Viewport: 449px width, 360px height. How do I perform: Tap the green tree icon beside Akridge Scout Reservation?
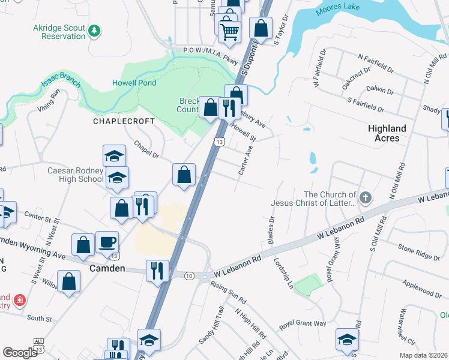[x=94, y=31]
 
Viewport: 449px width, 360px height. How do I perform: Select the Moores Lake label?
[x=339, y=7]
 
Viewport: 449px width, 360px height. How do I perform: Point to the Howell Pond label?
[x=134, y=83]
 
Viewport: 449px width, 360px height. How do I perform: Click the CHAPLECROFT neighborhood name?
[x=124, y=121]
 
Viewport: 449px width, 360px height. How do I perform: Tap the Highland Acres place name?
[x=387, y=133]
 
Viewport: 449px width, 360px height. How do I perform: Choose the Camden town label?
[x=107, y=268]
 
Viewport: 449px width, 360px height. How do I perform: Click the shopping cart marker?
[x=229, y=31]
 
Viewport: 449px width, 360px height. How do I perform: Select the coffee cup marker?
[x=107, y=242]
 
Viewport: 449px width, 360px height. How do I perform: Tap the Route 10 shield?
[x=189, y=275]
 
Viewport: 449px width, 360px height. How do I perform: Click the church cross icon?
[x=366, y=197]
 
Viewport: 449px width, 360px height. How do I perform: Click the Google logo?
[x=20, y=352]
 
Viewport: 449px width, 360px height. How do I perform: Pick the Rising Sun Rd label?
[x=229, y=291]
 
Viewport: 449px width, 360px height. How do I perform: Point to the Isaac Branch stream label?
[x=60, y=83]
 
